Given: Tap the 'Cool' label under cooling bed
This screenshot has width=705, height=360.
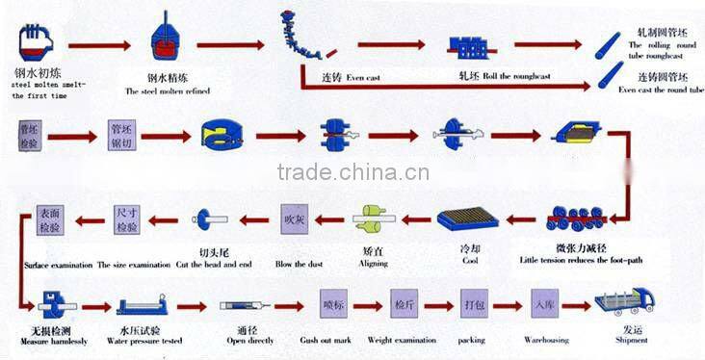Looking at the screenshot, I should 469,260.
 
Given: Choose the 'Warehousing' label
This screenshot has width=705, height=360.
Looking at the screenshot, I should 548,340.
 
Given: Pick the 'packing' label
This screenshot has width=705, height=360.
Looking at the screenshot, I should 472,340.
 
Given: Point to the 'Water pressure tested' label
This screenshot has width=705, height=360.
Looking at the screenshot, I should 143,340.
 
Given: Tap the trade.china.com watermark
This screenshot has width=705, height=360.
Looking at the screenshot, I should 352,173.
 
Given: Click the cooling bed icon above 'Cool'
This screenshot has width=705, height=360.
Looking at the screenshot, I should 468,220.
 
